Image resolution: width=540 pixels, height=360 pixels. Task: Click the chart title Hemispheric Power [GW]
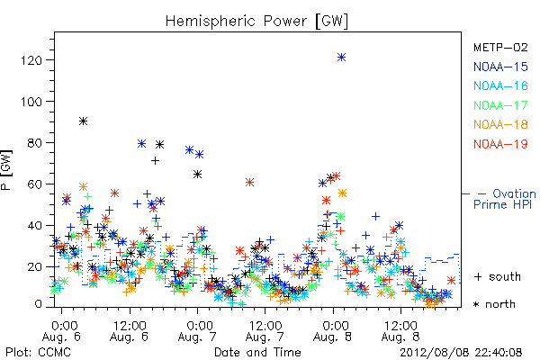pos(256,22)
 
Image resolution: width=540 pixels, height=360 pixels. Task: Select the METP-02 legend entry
pos(500,48)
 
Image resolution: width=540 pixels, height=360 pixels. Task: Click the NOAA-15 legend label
pos(500,67)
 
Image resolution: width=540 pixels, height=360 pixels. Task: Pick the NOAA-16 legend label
pos(500,85)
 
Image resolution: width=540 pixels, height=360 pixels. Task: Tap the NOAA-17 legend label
pos(500,105)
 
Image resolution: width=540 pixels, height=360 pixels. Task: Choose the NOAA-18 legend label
pos(500,124)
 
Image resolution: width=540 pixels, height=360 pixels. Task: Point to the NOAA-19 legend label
pos(500,144)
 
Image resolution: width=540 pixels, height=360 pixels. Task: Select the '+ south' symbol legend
pos(498,276)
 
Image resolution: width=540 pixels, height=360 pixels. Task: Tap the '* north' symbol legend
pos(494,304)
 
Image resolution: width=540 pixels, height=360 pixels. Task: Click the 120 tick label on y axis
pos(31,60)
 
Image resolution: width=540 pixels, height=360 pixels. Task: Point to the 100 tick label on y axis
pos(31,102)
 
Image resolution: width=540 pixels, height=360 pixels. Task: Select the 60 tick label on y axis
pos(34,184)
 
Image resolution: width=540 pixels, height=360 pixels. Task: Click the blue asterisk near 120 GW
pos(341,58)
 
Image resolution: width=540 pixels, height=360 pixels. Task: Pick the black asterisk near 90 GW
pos(83,121)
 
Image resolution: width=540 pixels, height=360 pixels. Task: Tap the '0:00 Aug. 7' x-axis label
pos(197,331)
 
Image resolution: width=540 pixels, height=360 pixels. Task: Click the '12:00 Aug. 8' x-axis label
pos(400,331)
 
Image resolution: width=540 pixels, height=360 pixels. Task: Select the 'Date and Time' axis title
pos(257,353)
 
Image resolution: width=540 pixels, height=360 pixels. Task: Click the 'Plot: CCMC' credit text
pos(38,353)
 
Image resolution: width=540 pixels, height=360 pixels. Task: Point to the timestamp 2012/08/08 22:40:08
pos(461,353)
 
